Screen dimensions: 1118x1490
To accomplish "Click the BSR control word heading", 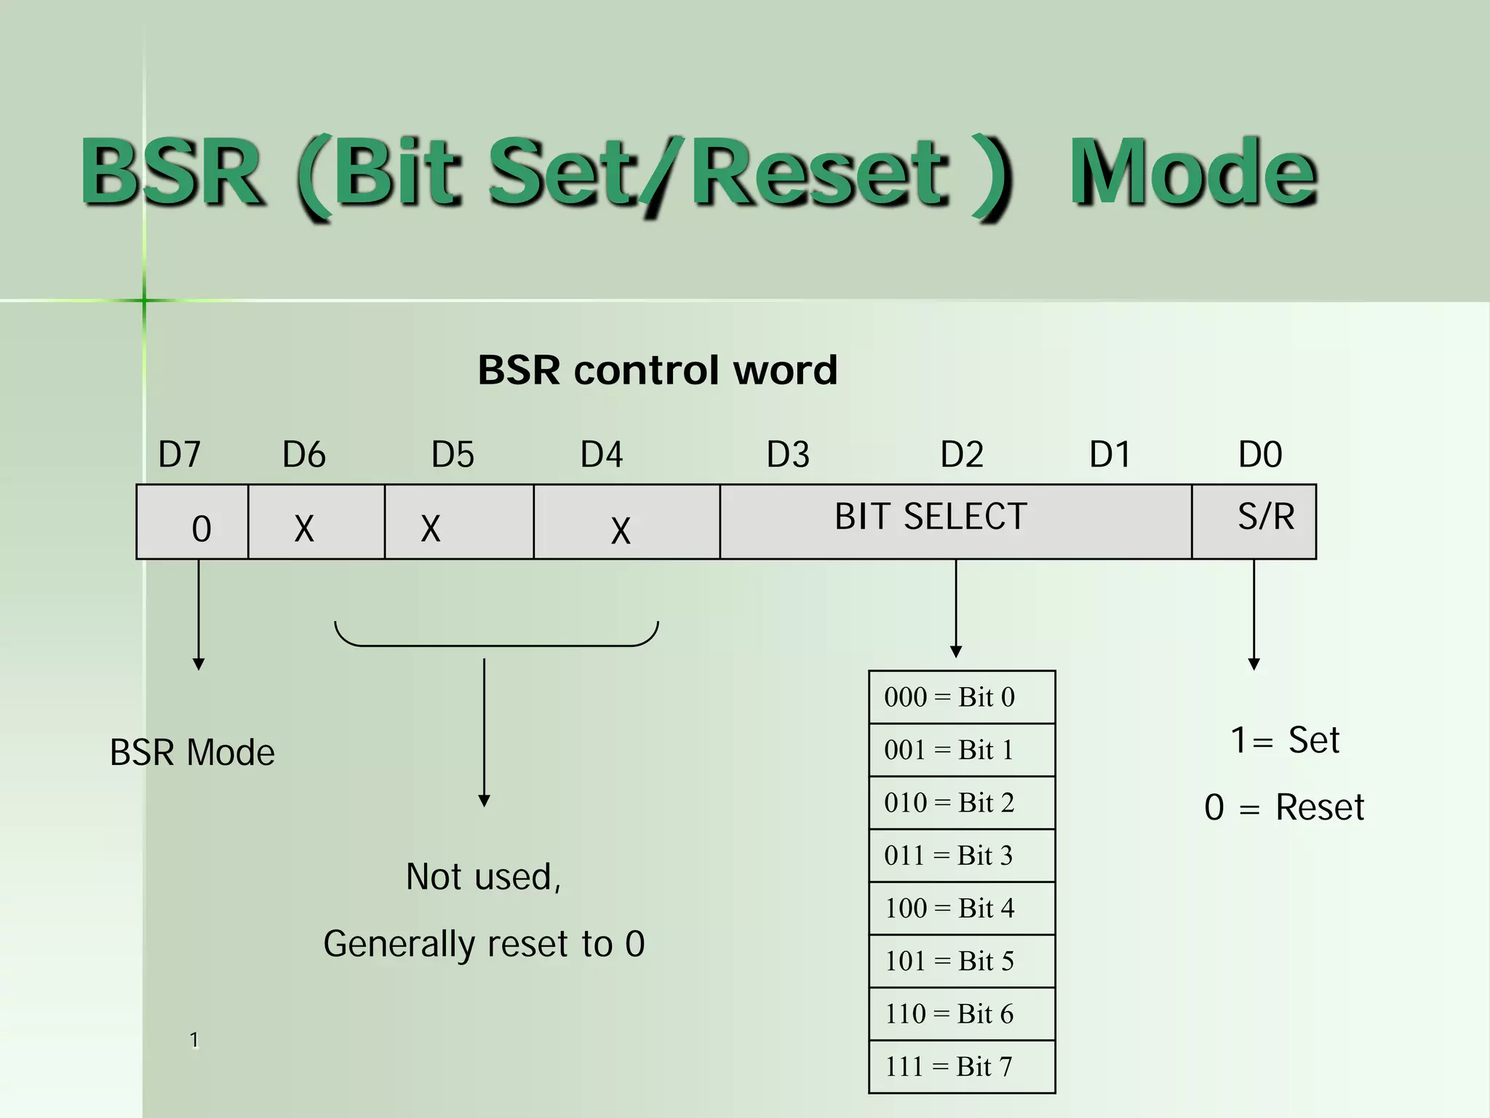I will [x=657, y=370].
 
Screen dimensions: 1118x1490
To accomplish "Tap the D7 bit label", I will [x=179, y=455].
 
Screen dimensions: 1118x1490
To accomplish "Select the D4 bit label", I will [x=601, y=455].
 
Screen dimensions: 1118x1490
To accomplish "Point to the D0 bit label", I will [x=1259, y=455].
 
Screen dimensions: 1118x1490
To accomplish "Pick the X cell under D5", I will [x=458, y=523].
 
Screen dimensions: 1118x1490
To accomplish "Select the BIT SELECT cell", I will [x=955, y=521].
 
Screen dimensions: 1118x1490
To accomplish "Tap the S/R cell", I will [x=1254, y=521].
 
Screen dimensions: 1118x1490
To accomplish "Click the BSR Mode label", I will [x=192, y=752].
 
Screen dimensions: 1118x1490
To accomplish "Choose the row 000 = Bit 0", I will [x=961, y=697].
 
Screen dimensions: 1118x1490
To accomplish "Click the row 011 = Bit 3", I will [x=961, y=855].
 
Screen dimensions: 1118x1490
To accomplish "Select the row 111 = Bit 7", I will [x=961, y=1066].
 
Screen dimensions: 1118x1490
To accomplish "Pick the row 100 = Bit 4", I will [x=961, y=908].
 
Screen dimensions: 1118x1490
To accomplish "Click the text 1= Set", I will [x=1284, y=740].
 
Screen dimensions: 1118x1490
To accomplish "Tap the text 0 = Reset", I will [x=1284, y=807].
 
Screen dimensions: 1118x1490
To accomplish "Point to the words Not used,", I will [x=483, y=876].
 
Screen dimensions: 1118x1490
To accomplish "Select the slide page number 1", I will [x=194, y=1039].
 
